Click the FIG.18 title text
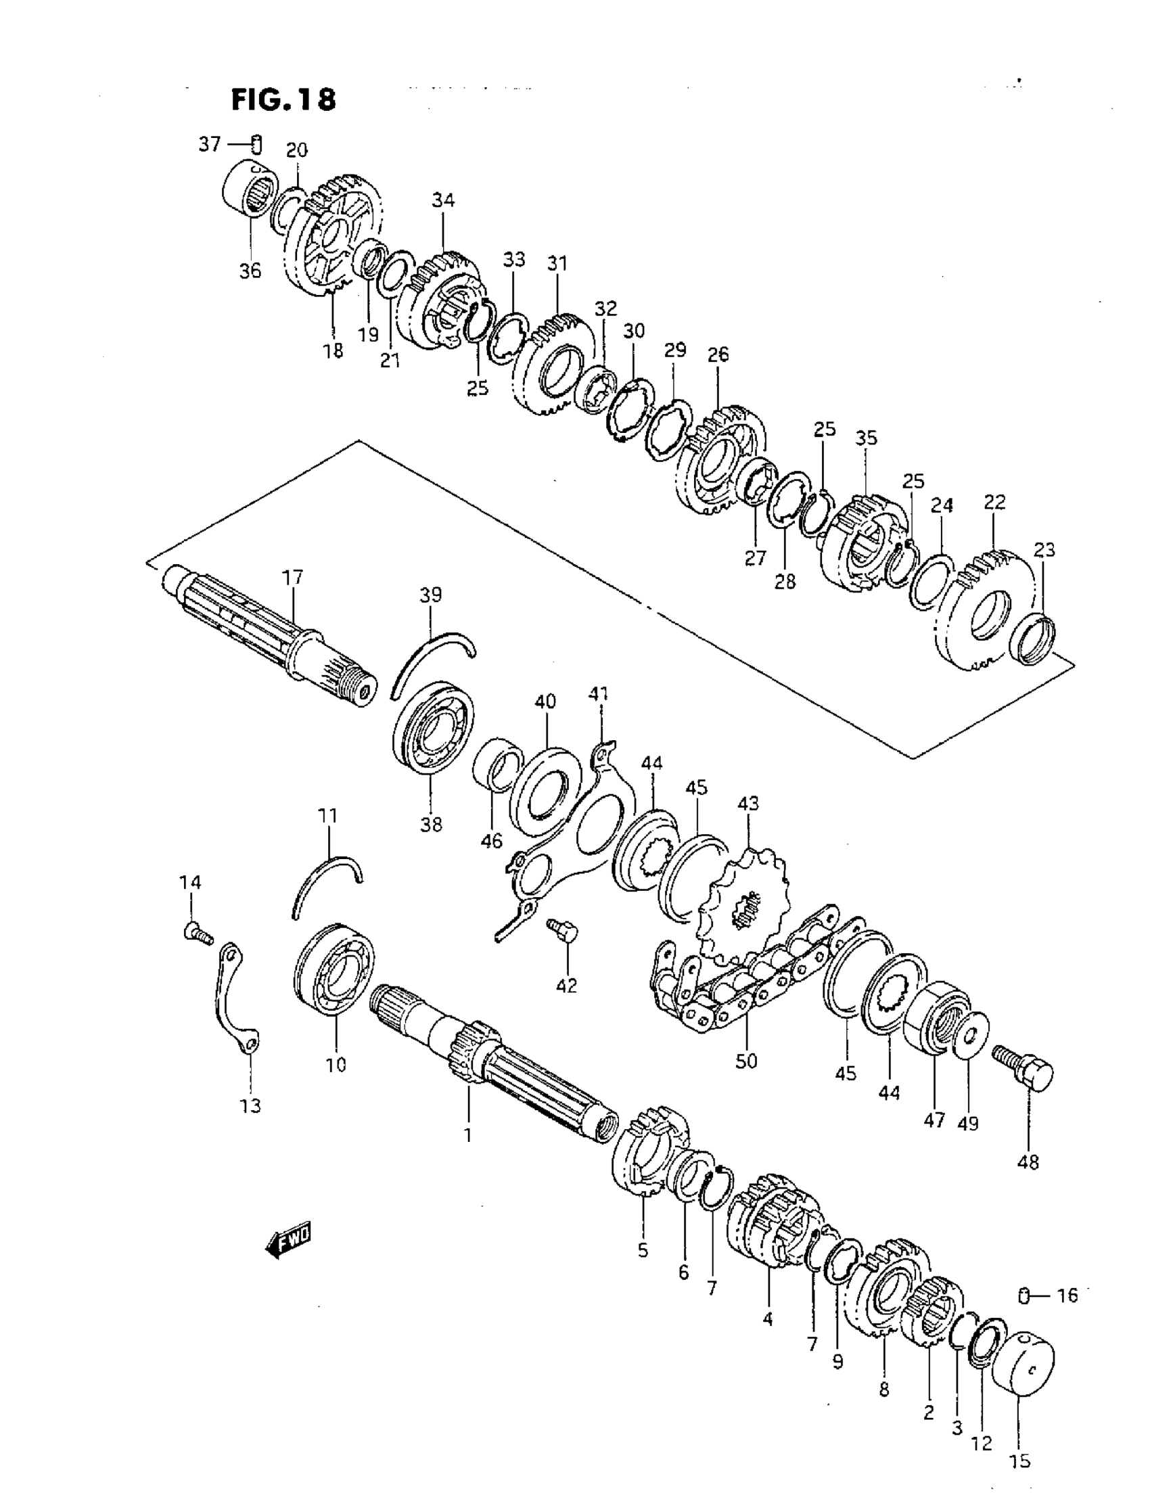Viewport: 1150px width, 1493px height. (x=283, y=100)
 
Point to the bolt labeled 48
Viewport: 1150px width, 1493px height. (x=1024, y=1078)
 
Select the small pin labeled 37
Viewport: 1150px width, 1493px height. (x=256, y=145)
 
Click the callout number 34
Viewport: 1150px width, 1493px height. (x=443, y=201)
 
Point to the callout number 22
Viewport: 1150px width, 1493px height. (x=995, y=503)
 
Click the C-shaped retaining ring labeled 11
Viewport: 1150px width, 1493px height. (x=325, y=884)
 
